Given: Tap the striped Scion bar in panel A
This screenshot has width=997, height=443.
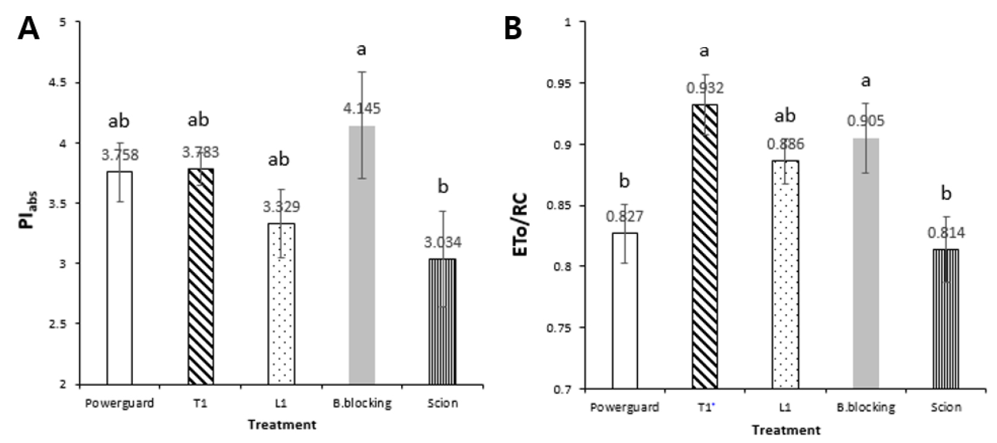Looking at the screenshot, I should [x=442, y=322].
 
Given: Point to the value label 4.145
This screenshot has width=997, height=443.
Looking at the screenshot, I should [x=361, y=108].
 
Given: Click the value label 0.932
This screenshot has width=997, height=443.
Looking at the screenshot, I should [x=705, y=88].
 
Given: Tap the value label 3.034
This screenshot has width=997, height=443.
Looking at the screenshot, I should [x=442, y=242].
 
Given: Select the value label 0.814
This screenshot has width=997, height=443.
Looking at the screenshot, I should [x=946, y=232].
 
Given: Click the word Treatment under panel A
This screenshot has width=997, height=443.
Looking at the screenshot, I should [x=282, y=425].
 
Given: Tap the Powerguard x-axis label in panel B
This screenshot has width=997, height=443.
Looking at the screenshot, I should [x=624, y=407].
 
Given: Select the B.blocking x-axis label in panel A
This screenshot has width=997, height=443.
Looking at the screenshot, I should [x=362, y=403].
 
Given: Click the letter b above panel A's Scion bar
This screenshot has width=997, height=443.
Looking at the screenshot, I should [x=443, y=186].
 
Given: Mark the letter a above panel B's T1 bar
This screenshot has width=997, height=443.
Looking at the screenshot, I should [x=705, y=51].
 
